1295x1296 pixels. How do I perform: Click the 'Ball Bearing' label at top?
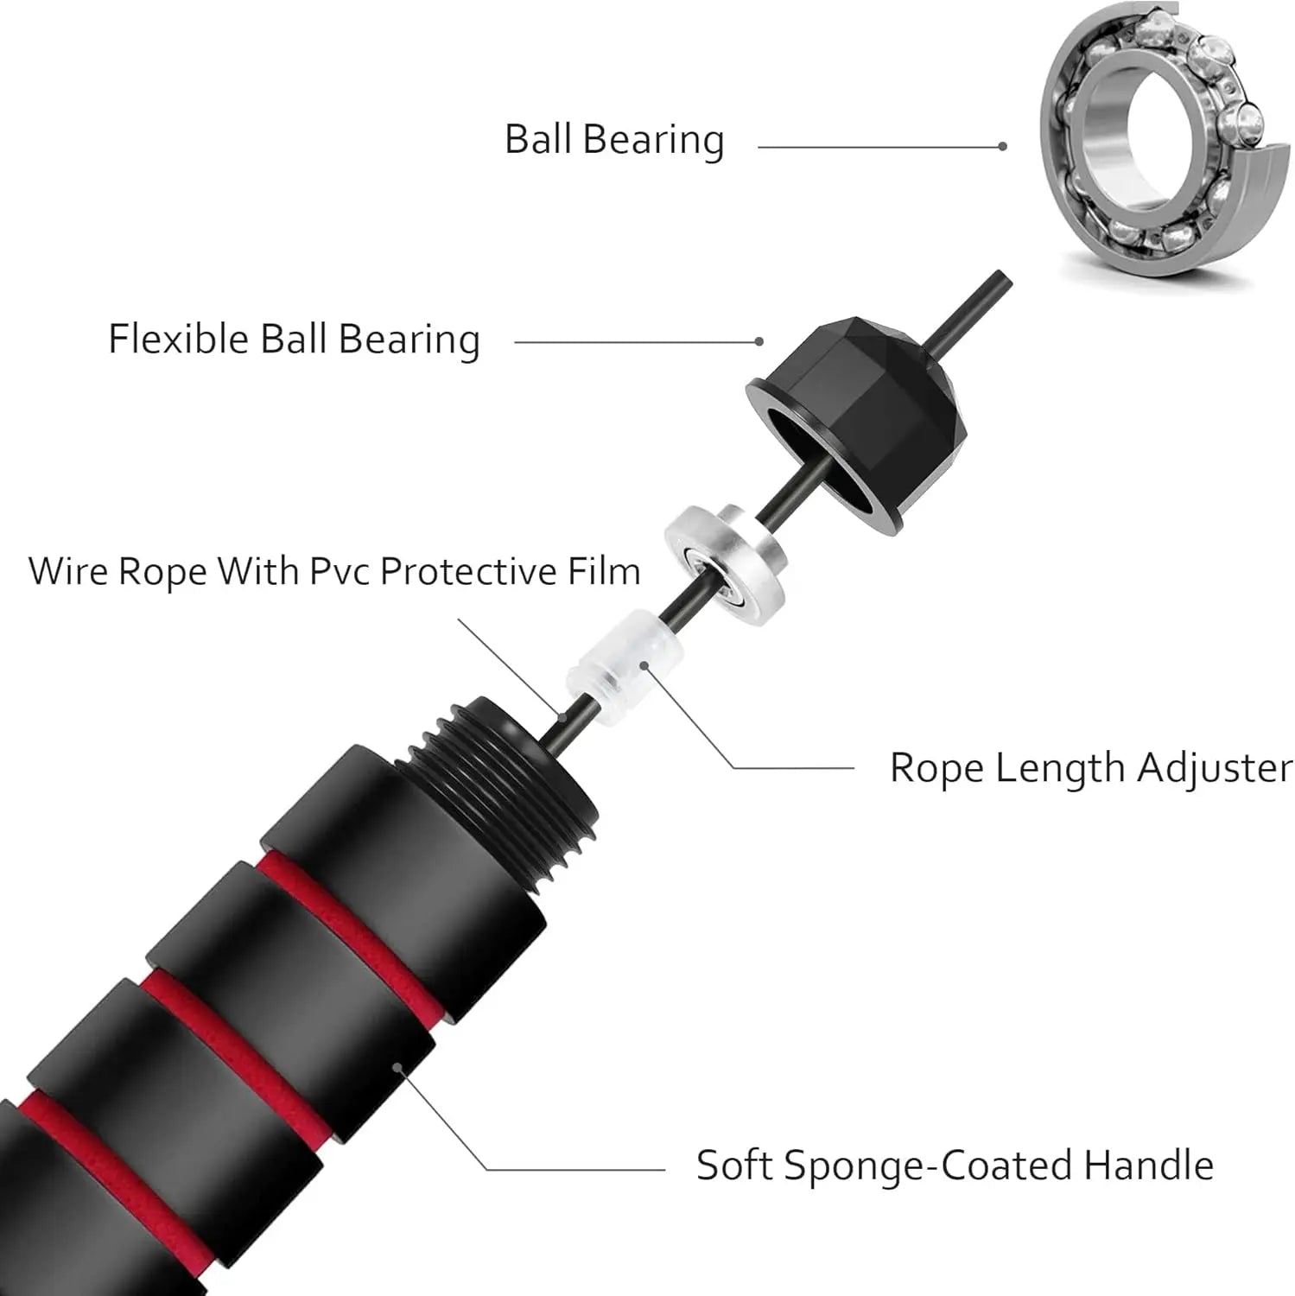point(614,140)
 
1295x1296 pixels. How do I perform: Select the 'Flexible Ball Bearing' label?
point(294,340)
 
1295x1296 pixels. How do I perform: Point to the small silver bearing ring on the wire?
point(726,557)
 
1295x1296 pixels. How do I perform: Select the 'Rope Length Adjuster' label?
point(1090,767)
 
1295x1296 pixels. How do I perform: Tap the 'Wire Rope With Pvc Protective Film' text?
point(334,572)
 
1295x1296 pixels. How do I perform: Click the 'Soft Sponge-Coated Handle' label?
point(955,1166)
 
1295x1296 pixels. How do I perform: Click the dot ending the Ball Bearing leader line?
point(1002,147)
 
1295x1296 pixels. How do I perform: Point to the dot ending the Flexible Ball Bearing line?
point(759,341)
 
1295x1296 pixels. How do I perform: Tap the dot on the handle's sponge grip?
point(397,1065)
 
